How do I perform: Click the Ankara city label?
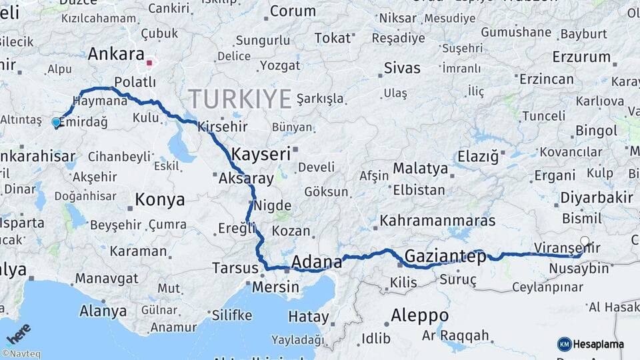tap(116, 53)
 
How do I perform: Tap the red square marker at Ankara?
tap(150, 64)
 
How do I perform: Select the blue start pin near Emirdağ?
tap(56, 122)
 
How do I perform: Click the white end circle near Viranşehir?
tap(585, 241)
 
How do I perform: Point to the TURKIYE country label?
tap(240, 99)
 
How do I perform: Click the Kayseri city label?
tap(261, 154)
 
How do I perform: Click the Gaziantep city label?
tap(445, 257)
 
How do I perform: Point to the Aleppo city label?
tap(419, 315)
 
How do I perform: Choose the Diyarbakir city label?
tap(597, 197)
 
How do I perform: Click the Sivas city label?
tap(403, 68)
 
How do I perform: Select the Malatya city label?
tap(420, 168)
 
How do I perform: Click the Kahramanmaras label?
tap(437, 220)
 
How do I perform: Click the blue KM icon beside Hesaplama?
tap(564, 344)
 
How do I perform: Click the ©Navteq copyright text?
tap(21, 354)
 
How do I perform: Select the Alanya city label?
tap(103, 311)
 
